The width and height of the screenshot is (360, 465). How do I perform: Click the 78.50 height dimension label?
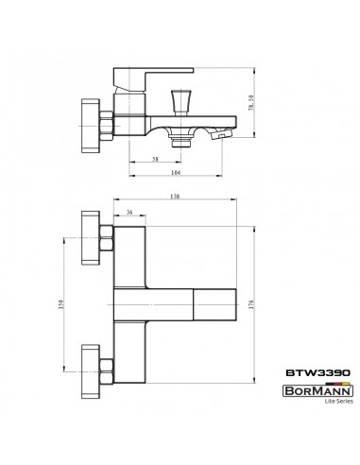(251, 103)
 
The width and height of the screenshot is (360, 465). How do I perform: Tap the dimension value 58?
(155, 159)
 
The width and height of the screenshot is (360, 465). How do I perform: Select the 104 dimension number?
(176, 172)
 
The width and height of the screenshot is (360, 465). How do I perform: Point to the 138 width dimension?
(175, 197)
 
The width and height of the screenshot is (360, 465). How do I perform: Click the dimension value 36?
(129, 212)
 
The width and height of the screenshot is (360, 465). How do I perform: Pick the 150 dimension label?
(61, 304)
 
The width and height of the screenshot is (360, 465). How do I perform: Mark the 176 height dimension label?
(251, 304)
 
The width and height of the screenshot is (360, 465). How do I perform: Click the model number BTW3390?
(317, 372)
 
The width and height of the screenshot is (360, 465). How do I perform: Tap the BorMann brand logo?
(317, 391)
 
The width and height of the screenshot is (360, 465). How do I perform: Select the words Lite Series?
(339, 402)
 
